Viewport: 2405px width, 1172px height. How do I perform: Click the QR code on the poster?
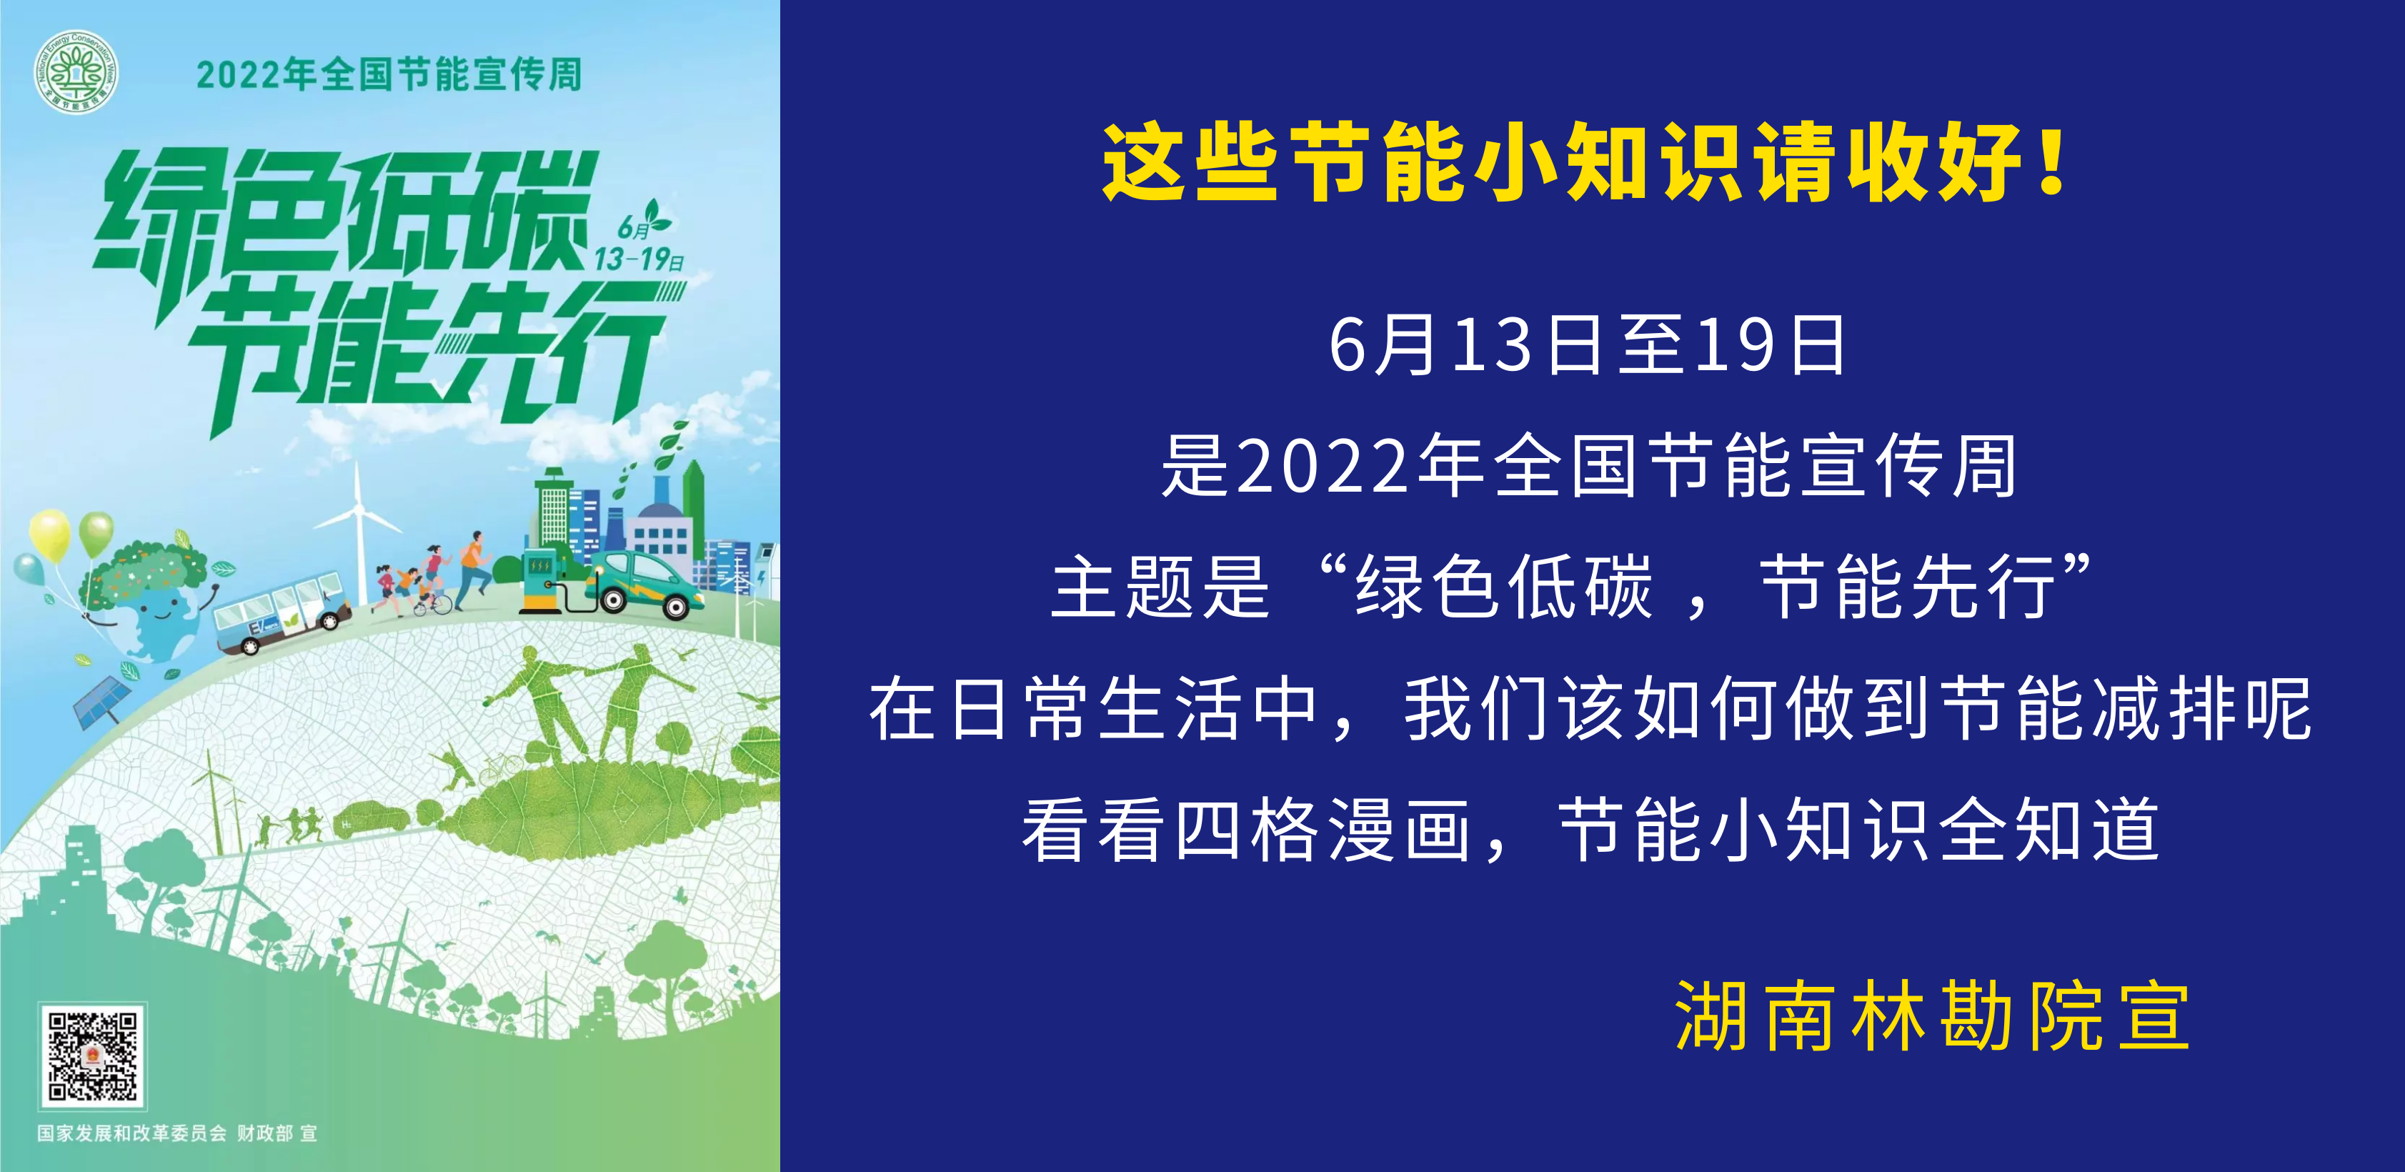(92, 1056)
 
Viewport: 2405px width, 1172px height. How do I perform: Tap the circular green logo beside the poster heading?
(76, 72)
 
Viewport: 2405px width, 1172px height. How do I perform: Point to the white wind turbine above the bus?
(357, 532)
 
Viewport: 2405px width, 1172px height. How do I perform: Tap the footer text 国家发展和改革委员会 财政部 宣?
(177, 1133)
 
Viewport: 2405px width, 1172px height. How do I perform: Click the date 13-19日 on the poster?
(639, 259)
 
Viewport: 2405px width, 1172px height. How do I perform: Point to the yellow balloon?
(49, 534)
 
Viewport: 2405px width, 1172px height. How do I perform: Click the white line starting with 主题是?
(1571, 587)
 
